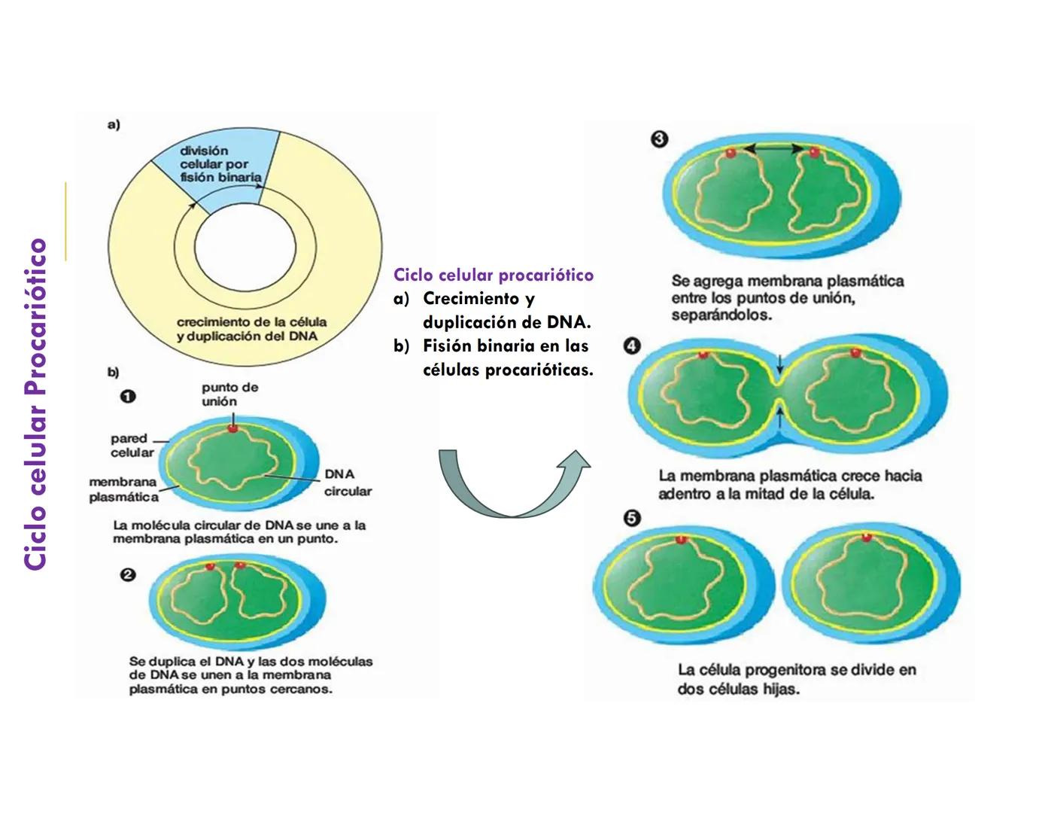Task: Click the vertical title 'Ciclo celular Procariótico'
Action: pos(36,404)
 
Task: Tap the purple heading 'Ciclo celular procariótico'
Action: pos(494,275)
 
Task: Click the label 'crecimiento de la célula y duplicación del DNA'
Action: pos(251,329)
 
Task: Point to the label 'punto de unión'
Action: pos(229,394)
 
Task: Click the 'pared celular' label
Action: pos(131,446)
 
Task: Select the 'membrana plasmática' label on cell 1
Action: pos(123,489)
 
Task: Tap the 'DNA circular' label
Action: pos(347,483)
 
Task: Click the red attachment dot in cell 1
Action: pos(232,428)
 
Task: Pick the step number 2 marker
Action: pos(129,575)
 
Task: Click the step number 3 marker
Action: pos(659,139)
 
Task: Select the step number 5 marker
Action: pos(633,519)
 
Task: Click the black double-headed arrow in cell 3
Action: pos(773,151)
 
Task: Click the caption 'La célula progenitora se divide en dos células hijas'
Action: pos(797,679)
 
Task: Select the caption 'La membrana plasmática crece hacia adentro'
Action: pos(789,485)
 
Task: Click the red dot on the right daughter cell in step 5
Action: pos(867,537)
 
